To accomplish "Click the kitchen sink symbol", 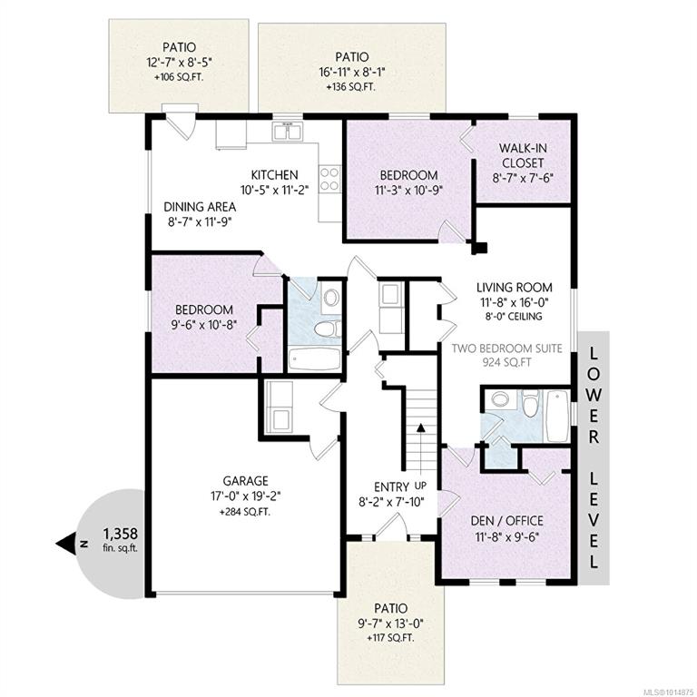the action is click(288, 132).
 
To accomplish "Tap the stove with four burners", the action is click(329, 179).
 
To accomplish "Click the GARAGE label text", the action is click(245, 481).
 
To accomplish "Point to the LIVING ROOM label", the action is click(515, 287).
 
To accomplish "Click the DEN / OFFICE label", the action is click(506, 521).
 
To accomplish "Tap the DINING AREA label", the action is click(200, 207).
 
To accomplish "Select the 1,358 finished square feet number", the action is click(121, 533).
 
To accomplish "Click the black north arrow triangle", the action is click(65, 544).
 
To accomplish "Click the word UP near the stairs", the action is click(420, 486).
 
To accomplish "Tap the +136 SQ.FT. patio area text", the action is click(350, 87).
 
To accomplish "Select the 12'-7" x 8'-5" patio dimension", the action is click(179, 62).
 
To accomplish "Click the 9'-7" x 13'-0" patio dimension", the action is click(390, 623).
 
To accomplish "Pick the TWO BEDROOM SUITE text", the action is click(506, 348).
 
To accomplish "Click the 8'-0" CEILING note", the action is click(514, 317).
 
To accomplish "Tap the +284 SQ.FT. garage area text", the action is click(244, 512).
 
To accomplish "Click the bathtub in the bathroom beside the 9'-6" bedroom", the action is click(314, 359).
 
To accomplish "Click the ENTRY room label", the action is click(391, 486).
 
